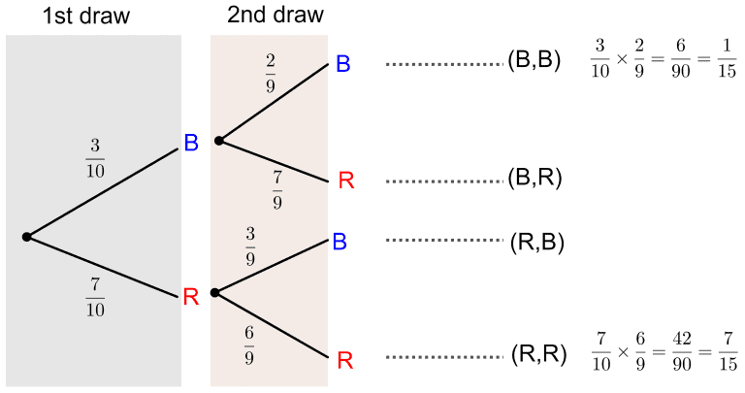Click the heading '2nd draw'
[x=275, y=16]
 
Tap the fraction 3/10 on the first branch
[x=96, y=158]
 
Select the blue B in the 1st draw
[x=191, y=144]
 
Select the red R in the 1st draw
[x=191, y=297]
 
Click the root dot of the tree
[x=27, y=236]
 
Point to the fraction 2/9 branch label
[x=271, y=72]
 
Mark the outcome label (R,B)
[x=536, y=241]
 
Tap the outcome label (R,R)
[x=538, y=357]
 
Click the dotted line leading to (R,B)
[x=442, y=241]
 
